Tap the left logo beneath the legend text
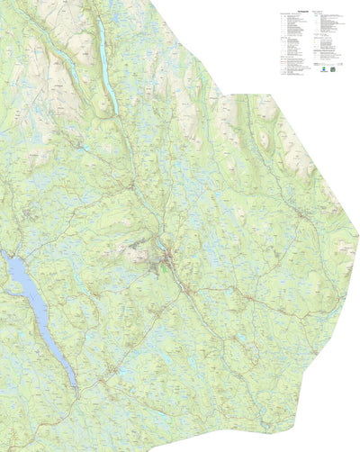point(321,67)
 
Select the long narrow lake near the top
point(104,63)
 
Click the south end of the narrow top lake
point(114,110)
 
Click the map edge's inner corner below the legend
point(224,91)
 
